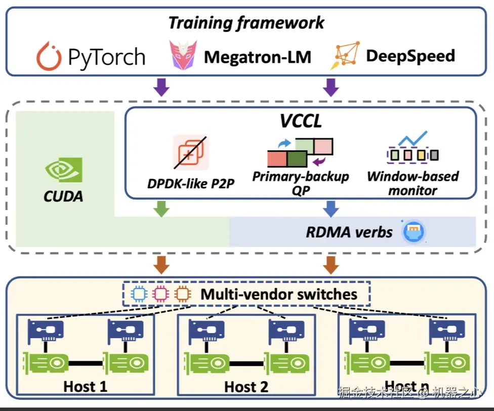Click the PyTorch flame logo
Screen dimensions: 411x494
(x=49, y=57)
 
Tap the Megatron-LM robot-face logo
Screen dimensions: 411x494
(x=180, y=56)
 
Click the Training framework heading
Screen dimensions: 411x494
(x=246, y=23)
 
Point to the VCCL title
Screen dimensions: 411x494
(x=302, y=121)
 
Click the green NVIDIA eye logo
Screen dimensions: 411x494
(x=63, y=171)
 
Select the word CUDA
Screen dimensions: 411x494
(x=64, y=196)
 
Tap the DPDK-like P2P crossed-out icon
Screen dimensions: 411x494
(x=190, y=152)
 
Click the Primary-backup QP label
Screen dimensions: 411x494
(x=301, y=183)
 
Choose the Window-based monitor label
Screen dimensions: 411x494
(x=413, y=183)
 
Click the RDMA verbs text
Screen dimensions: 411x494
(x=349, y=232)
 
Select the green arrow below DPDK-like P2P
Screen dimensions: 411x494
(x=161, y=208)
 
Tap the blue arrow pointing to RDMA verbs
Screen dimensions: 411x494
(x=331, y=208)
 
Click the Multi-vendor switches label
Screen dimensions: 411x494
(x=279, y=294)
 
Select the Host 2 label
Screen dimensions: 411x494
(x=246, y=387)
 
